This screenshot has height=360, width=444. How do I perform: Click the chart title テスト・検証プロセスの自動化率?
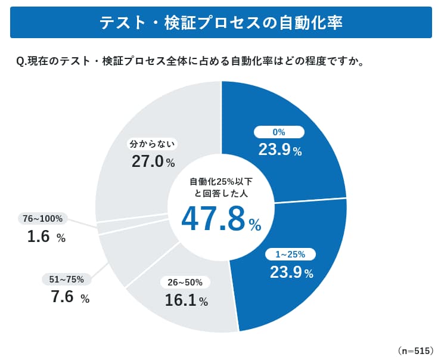(221, 22)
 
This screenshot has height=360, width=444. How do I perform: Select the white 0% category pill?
(280, 132)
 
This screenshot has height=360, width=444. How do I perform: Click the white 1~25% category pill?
(290, 255)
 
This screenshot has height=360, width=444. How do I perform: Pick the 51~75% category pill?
(66, 279)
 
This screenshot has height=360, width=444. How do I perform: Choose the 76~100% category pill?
(42, 219)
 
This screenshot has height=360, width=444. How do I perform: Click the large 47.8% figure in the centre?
(221, 219)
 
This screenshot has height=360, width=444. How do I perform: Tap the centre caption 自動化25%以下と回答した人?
(221, 188)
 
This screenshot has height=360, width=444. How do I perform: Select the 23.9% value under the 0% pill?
(280, 150)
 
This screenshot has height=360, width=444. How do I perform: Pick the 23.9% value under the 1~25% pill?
(291, 272)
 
